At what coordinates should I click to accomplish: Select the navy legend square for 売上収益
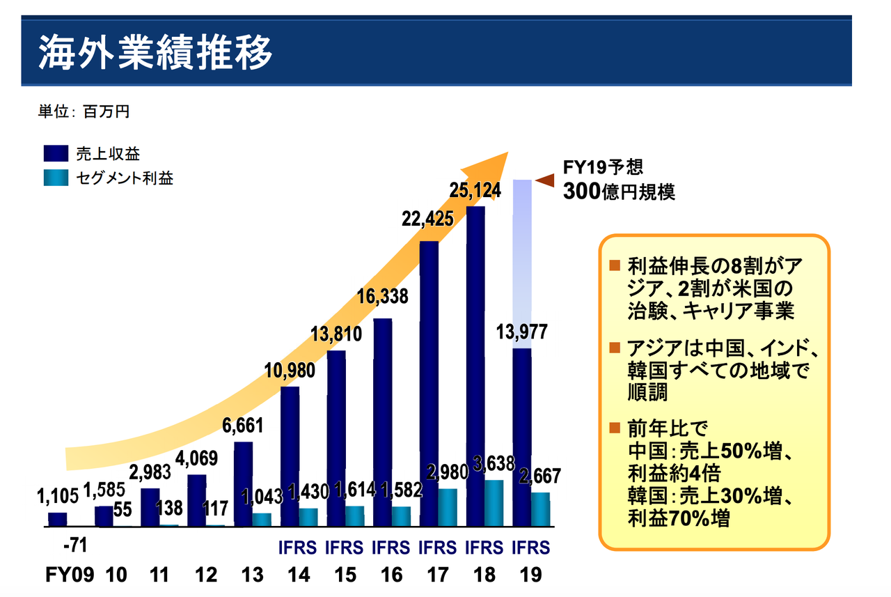pos(55,154)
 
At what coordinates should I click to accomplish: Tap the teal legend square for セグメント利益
pos(55,178)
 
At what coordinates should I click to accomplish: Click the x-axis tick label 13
pos(253,575)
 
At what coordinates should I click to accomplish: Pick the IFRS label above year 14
pos(298,547)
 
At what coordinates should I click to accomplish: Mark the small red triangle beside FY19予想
pos(544,180)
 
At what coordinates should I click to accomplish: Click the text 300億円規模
pos(619,191)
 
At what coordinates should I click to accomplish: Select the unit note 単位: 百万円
pos(84,111)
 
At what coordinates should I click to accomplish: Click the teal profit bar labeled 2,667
pos(540,509)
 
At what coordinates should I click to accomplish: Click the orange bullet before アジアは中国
pos(614,348)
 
